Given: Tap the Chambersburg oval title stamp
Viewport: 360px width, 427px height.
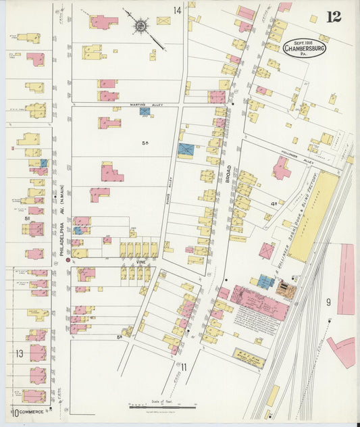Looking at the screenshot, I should [x=303, y=49].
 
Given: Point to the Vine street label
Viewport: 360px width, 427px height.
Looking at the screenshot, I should [x=140, y=261].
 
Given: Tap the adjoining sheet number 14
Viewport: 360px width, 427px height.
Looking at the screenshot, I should [x=177, y=10].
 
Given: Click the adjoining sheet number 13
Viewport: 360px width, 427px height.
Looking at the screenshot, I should [x=20, y=353].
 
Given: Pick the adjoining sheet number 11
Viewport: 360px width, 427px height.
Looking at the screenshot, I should [x=183, y=366].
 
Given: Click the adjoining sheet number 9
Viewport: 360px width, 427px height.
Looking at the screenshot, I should [x=328, y=301].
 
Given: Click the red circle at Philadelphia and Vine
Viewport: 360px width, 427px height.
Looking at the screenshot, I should [x=68, y=259].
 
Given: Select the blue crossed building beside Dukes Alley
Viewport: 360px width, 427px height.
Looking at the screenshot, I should [x=185, y=151].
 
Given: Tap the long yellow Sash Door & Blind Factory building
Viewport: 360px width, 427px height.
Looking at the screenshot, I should [x=314, y=215].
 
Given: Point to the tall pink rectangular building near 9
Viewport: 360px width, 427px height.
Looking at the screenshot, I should [x=346, y=279].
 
